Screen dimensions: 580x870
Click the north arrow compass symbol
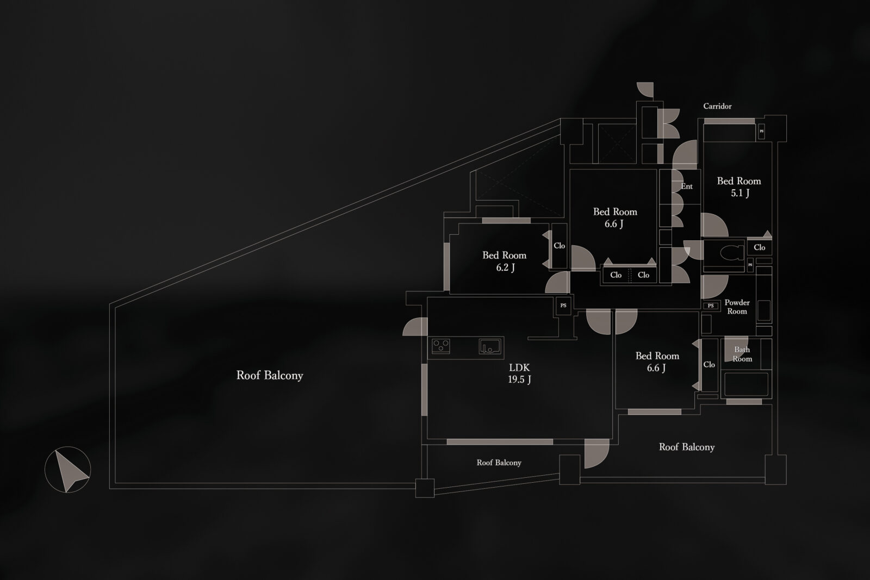(x=67, y=470)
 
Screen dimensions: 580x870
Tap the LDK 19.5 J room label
(x=519, y=373)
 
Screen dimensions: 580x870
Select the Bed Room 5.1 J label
(x=739, y=186)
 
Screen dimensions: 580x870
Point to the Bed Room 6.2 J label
(x=504, y=261)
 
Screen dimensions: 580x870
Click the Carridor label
(x=717, y=106)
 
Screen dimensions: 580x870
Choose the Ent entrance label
(x=687, y=186)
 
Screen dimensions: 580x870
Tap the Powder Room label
(x=737, y=307)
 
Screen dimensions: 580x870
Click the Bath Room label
(x=742, y=354)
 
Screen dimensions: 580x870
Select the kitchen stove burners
(x=440, y=346)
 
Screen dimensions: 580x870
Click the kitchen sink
(x=490, y=346)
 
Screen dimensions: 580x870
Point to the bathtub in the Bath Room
(x=746, y=384)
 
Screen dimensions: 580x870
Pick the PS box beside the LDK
(x=563, y=305)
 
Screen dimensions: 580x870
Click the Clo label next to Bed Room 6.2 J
(x=559, y=246)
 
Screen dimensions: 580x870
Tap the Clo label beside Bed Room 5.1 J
(x=759, y=247)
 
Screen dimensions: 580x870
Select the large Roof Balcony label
(x=270, y=375)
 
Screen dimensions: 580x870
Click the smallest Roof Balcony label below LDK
(x=499, y=463)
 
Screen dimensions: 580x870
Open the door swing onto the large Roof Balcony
(x=414, y=327)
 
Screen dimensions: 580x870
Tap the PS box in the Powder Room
(x=711, y=306)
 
